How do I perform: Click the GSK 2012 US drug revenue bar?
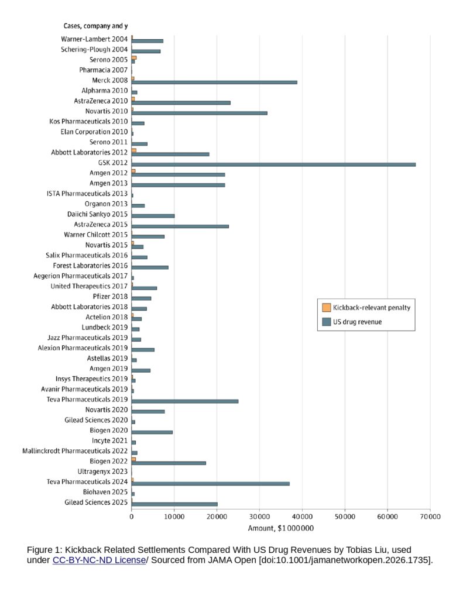pos(273,164)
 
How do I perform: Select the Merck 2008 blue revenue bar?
pos(214,82)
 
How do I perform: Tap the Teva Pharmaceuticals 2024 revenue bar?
pos(210,484)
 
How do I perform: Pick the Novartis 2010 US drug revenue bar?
pos(199,113)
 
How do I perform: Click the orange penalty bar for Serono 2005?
pos(134,58)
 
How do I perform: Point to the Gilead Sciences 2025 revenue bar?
pos(174,504)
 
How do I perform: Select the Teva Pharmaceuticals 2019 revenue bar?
pos(184,401)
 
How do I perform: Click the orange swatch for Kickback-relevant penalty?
pos(327,308)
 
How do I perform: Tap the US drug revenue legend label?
pos(357,322)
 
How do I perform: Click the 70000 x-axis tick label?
pos(430,517)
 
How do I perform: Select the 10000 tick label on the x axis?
pos(174,517)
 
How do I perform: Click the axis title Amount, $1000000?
pos(280,528)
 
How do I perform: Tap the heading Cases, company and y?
pos(95,26)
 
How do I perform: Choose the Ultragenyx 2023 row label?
pos(102,471)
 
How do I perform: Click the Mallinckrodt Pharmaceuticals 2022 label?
pos(75,451)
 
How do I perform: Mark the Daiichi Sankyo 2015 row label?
pos(98,214)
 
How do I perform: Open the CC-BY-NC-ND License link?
pos(99,560)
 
